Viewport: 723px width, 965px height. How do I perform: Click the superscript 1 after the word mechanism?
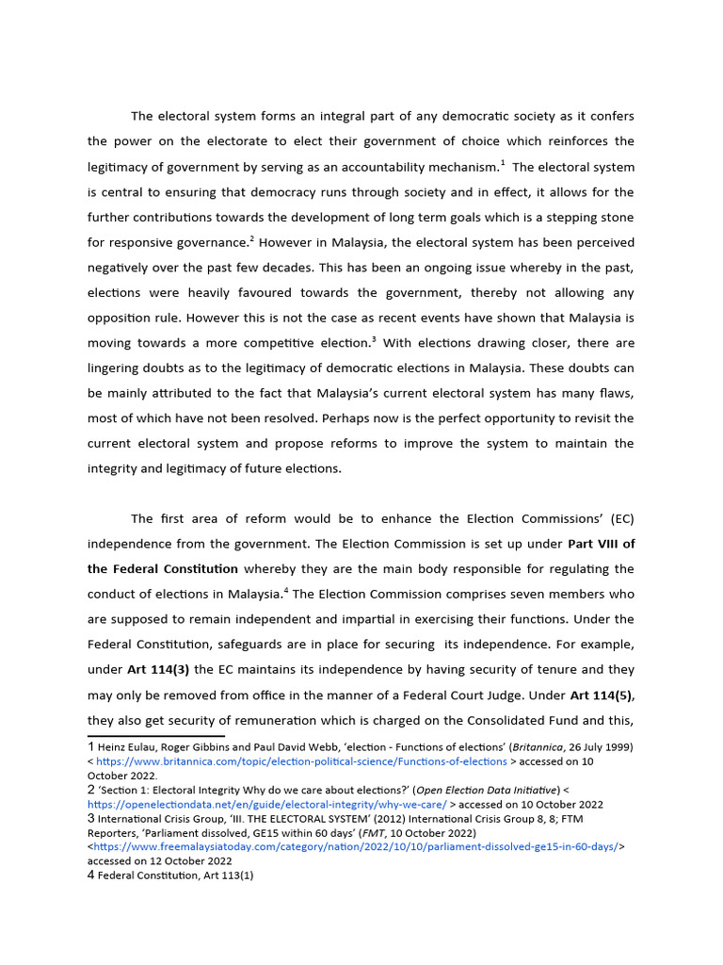[x=503, y=163]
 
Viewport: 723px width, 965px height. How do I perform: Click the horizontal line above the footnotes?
[x=155, y=735]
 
